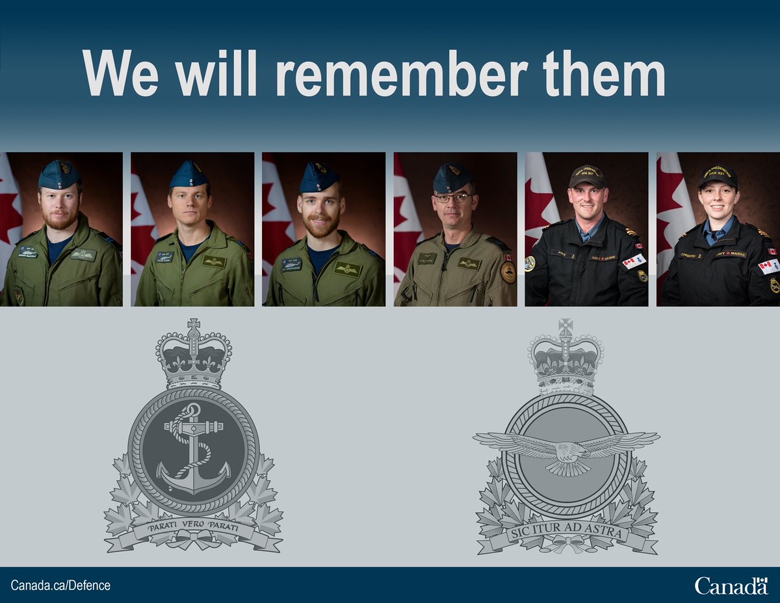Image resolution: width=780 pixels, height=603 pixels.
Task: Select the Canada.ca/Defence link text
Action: coord(60,585)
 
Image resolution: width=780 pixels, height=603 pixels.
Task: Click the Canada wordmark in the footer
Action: coord(731,585)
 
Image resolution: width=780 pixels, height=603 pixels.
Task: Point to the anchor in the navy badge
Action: coord(194,448)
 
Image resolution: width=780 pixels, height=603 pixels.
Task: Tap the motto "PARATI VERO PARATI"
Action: coord(193,528)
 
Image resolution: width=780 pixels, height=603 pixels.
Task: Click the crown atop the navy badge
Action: coord(193,354)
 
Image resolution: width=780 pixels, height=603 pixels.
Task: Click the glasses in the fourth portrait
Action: coord(453,198)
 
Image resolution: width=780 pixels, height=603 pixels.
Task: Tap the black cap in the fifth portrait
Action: coord(587,175)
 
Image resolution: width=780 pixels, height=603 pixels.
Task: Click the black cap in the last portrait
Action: coord(718,175)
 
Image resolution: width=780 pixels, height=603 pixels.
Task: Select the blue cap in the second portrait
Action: coord(188,175)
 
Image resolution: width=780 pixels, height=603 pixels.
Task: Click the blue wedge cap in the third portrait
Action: coord(319,177)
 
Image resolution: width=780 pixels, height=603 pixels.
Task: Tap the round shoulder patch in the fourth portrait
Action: coord(508,272)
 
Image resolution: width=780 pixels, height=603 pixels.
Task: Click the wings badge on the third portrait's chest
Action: coord(348,268)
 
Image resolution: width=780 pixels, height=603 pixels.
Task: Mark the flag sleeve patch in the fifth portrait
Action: coord(633,262)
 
